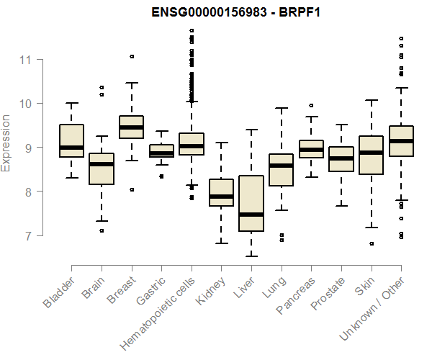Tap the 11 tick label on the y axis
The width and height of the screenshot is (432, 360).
[27, 59]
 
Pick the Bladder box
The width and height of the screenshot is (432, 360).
[72, 140]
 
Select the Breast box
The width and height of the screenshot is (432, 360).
[132, 127]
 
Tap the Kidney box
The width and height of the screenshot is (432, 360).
[222, 192]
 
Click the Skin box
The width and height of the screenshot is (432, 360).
[371, 155]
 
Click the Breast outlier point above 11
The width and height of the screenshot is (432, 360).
[132, 56]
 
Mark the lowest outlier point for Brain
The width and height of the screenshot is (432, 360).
[102, 230]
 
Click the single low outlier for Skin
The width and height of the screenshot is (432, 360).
[371, 243]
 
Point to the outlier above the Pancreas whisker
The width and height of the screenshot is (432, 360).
[311, 105]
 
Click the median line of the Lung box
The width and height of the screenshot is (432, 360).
[281, 166]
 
